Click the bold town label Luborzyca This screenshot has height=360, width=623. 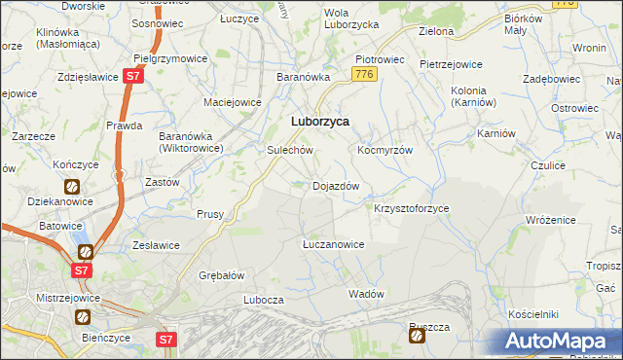[320, 122]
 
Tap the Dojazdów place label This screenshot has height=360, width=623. [337, 186]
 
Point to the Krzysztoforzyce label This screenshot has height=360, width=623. [412, 209]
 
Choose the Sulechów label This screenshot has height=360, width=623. [289, 151]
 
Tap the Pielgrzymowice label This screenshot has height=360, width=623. [171, 58]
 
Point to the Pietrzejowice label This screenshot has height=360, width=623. [451, 65]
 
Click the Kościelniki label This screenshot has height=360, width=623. [532, 315]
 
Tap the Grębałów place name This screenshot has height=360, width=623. [221, 275]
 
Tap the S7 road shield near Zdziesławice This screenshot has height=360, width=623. [134, 76]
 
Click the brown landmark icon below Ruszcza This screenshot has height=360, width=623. [418, 337]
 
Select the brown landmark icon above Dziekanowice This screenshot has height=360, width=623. [71, 186]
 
